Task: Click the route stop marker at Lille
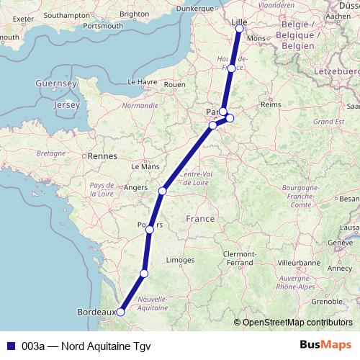[239, 30]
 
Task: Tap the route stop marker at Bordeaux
[120, 312]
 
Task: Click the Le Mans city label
[144, 166]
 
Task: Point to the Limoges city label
[180, 260]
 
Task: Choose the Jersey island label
[66, 105]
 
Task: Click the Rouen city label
[175, 84]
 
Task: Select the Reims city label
[270, 104]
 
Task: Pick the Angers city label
[136, 187]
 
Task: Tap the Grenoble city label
[308, 301]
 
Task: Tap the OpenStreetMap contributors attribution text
[297, 322]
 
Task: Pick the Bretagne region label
[51, 153]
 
